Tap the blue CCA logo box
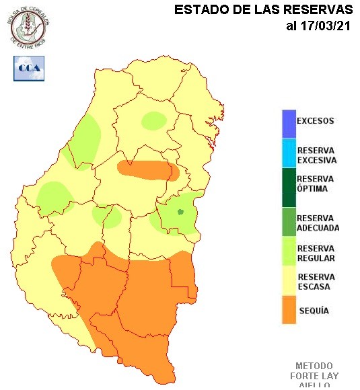(x=29, y=69)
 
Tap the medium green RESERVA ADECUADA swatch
(x=289, y=223)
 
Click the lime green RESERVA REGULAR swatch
(x=289, y=252)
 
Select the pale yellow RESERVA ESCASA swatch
(x=289, y=282)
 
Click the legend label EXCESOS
(x=316, y=122)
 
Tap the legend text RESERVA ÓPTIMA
(x=316, y=184)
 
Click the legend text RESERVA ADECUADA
(x=318, y=223)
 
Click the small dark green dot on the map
(x=180, y=212)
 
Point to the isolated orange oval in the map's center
(x=149, y=169)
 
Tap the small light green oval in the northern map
(x=154, y=120)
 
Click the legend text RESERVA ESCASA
(x=316, y=282)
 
